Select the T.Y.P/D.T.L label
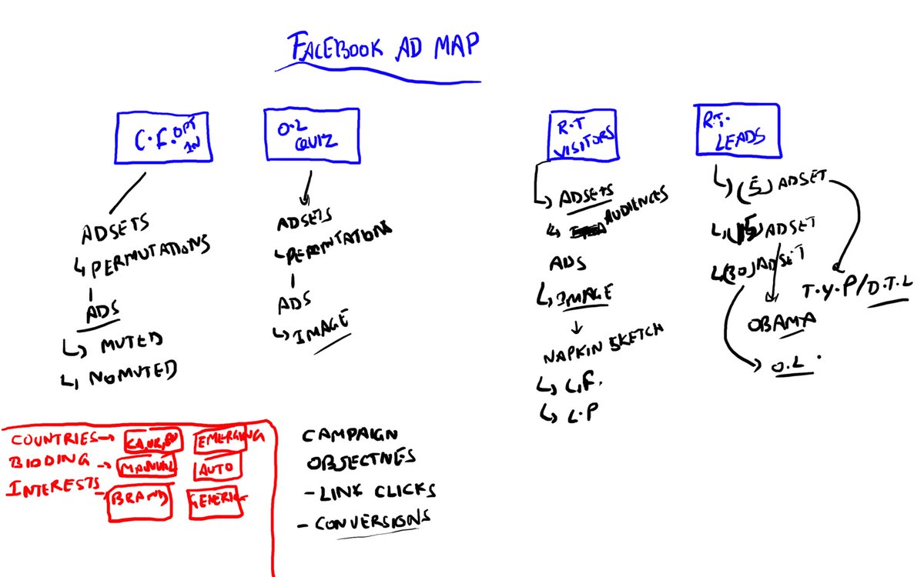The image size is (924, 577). [x=855, y=287]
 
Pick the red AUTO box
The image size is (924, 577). [x=217, y=466]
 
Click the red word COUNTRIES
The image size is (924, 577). [x=49, y=439]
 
